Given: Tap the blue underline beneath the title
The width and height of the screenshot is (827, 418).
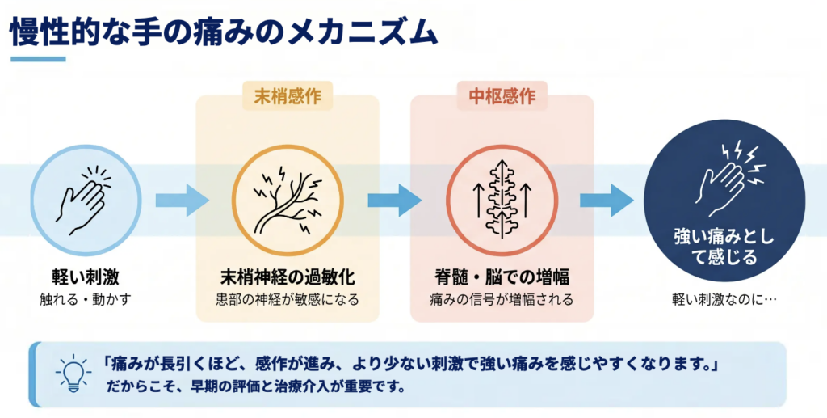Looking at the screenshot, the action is [38, 59].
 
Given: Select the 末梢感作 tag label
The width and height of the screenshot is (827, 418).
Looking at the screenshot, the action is [288, 96].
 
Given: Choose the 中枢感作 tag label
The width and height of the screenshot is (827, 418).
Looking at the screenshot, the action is [502, 96].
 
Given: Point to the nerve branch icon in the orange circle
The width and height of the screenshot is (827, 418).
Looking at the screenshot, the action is [288, 201].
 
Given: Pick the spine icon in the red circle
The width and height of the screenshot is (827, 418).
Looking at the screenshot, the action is [502, 201].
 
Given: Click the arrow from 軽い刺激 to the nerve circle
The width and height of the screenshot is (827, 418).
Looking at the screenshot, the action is [182, 201].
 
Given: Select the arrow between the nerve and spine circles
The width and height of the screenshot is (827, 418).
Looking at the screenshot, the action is [394, 201].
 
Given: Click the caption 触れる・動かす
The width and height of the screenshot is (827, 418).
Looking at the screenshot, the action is [86, 300].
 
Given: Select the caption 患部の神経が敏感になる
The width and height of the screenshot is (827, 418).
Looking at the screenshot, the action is [288, 300].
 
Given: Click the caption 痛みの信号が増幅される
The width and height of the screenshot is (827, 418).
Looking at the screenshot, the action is [502, 300].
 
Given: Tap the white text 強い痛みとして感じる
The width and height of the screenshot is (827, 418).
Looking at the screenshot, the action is [724, 247].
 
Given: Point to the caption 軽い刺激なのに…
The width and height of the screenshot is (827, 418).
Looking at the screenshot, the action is [724, 299].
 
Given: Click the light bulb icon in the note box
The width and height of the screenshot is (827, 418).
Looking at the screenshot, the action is [73, 374].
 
